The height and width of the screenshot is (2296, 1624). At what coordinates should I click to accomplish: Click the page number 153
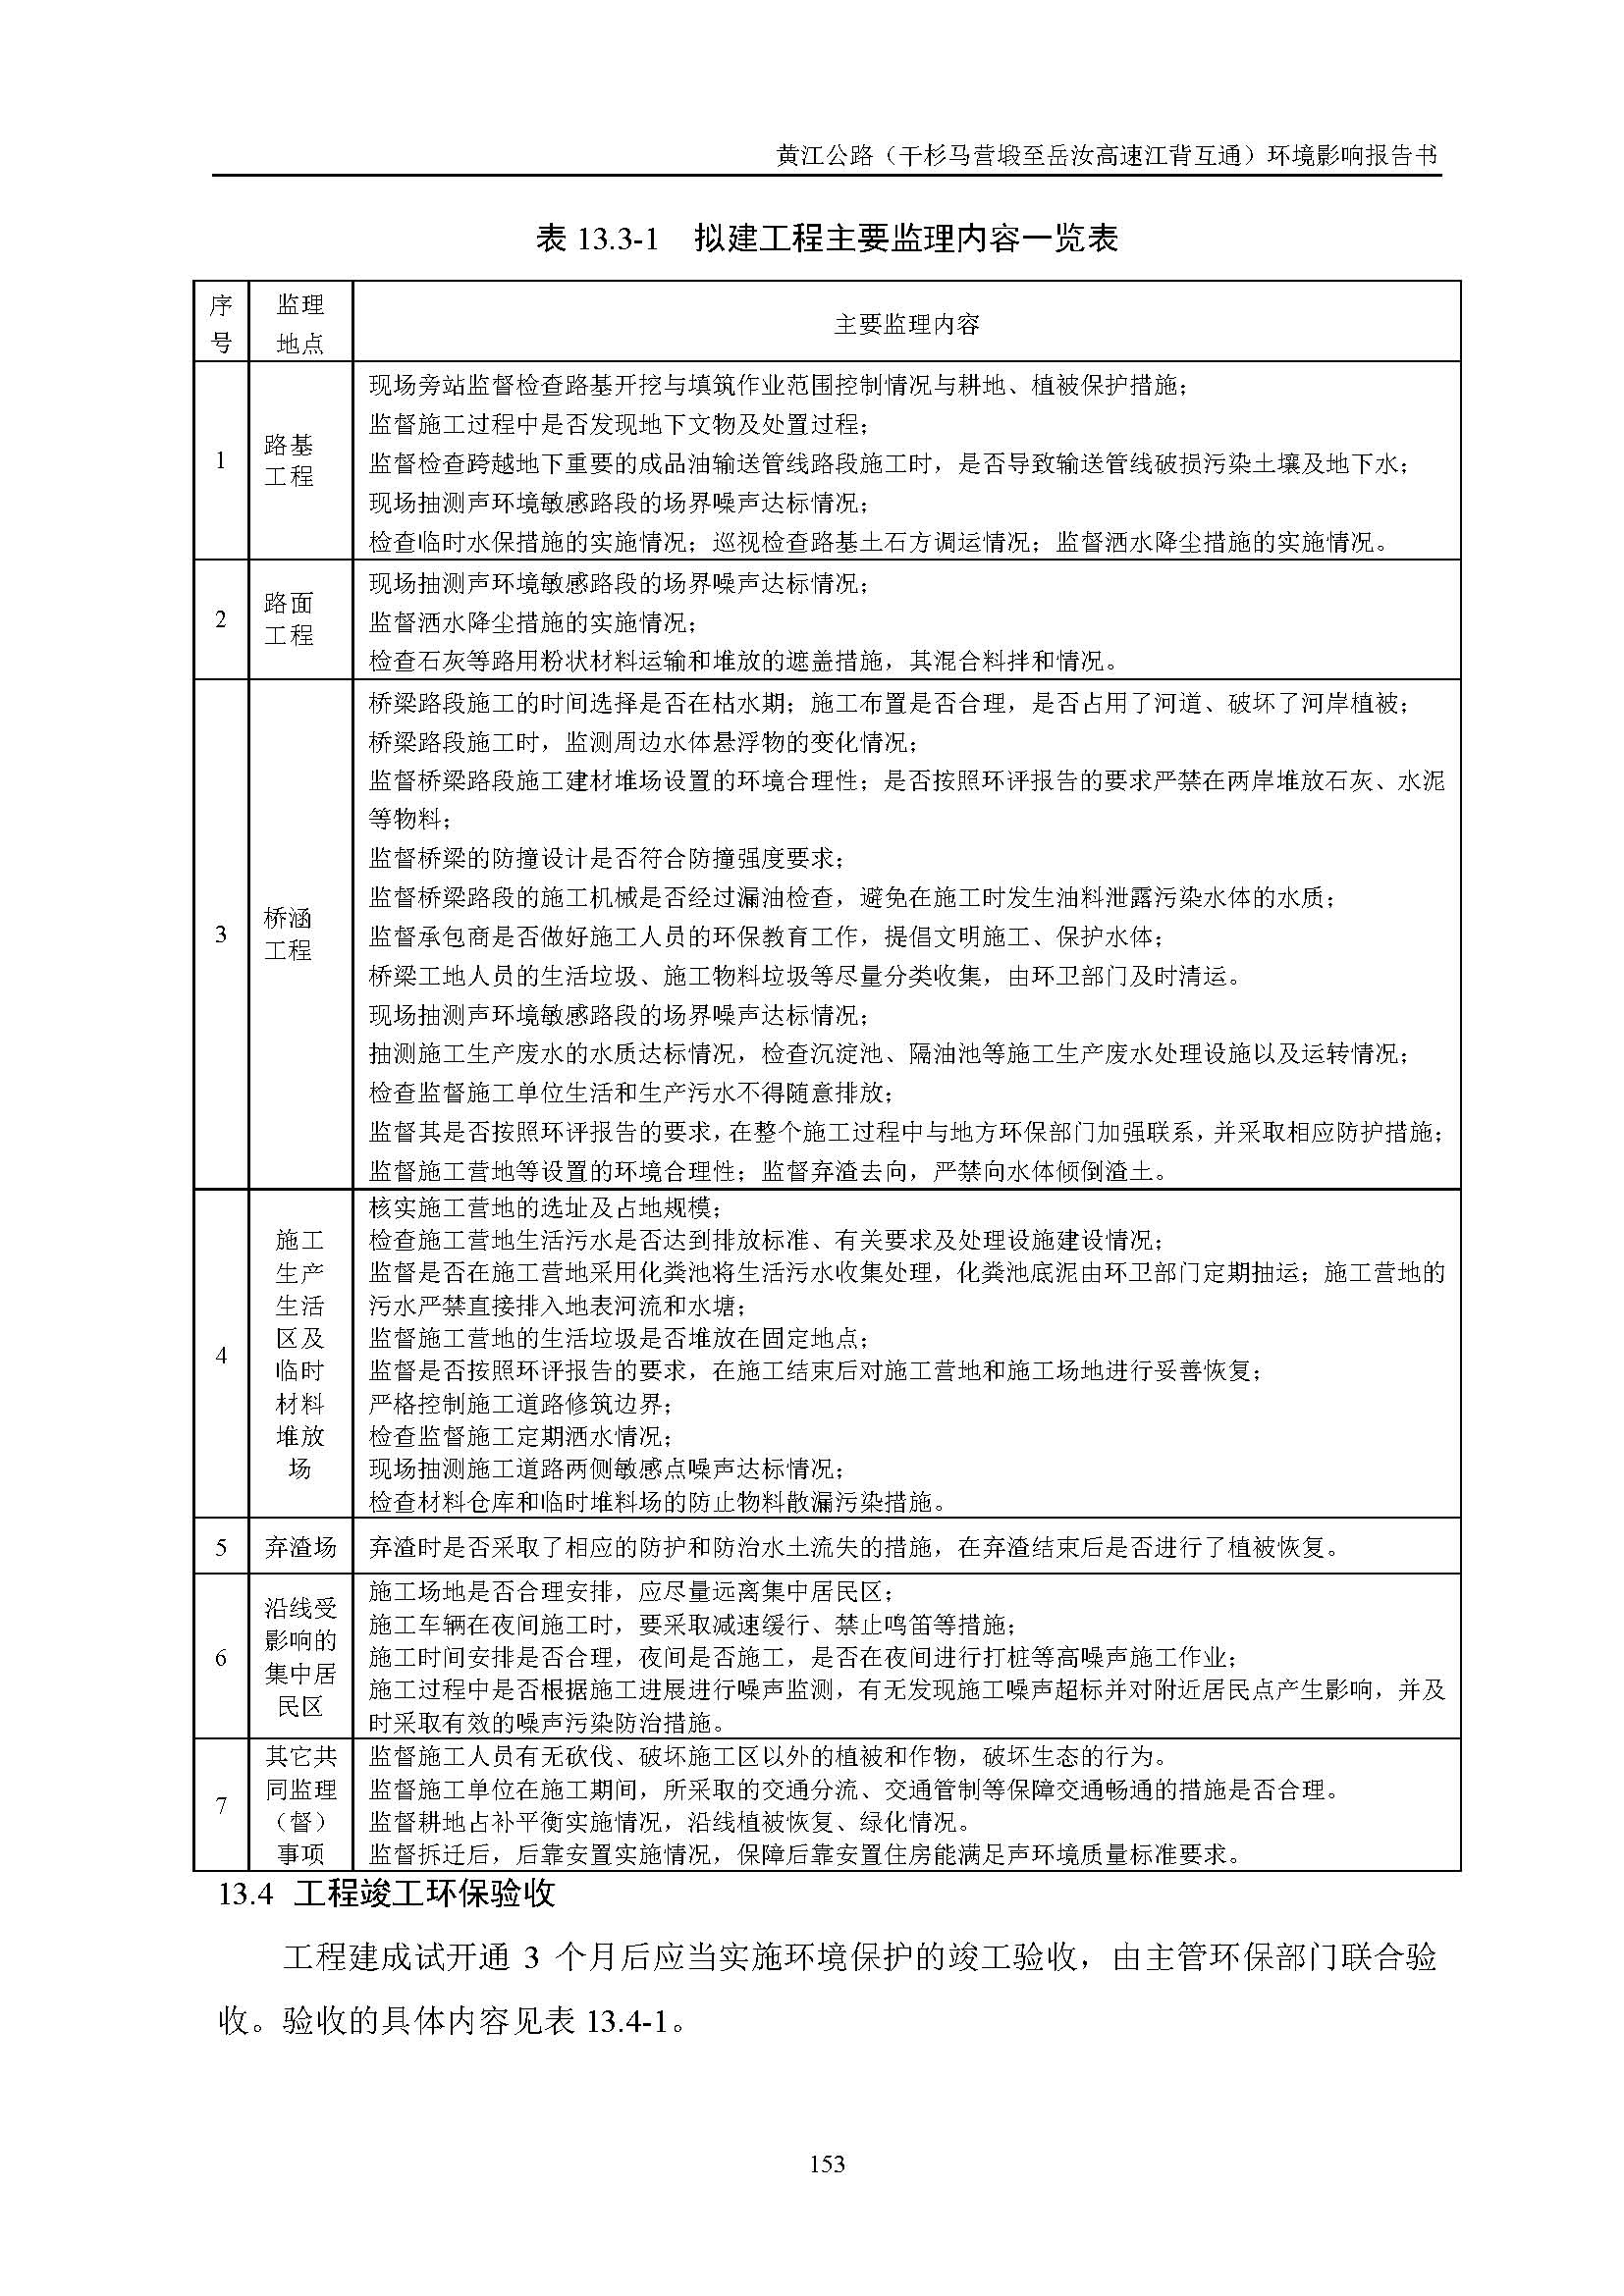[827, 2163]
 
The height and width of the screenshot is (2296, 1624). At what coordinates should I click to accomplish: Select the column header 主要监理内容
[906, 323]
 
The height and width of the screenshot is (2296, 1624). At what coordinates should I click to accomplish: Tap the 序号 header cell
[221, 323]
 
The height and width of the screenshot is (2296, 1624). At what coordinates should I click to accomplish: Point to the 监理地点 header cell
[300, 323]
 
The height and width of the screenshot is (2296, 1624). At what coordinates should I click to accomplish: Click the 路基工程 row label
[289, 460]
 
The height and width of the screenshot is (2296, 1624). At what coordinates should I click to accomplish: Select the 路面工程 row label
[289, 619]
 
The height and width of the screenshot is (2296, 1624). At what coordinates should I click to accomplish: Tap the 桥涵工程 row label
[289, 934]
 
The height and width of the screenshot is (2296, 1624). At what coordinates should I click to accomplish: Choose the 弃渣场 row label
[300, 1548]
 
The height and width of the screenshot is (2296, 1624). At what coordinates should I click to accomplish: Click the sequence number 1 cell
[221, 460]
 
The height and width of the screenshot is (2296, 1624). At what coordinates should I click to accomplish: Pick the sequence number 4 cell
[221, 1356]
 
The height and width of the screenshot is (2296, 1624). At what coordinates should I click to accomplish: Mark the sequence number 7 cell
[221, 1805]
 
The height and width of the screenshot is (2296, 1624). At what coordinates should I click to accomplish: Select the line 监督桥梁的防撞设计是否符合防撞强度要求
[606, 858]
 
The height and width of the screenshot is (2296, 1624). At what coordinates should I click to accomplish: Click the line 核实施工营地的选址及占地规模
[545, 1207]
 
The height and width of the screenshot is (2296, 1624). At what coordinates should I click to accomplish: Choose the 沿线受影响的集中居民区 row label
[300, 1657]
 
